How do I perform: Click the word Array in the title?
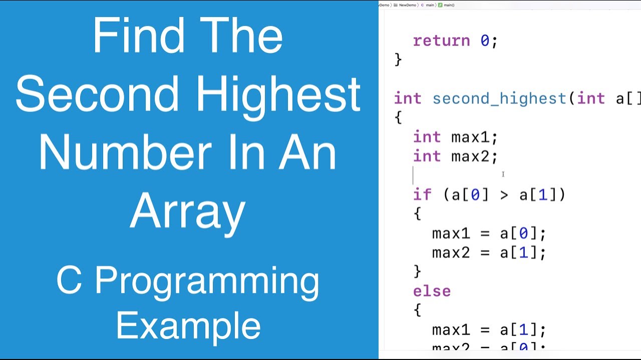(188, 210)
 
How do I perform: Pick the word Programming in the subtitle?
(206, 281)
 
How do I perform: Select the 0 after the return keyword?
(485, 41)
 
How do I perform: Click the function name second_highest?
(499, 99)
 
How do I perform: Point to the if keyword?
(423, 195)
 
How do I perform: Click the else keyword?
(432, 291)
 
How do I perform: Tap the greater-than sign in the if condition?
(504, 195)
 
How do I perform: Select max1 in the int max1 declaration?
(470, 137)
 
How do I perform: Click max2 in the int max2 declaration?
(470, 156)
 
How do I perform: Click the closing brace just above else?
(417, 271)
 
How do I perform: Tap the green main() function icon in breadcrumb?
(440, 5)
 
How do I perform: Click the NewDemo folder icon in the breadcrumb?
(396, 5)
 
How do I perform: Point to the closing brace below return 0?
(398, 60)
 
